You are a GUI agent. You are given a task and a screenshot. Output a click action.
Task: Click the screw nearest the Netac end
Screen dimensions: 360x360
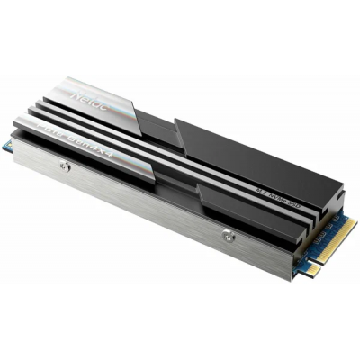coord(63,166)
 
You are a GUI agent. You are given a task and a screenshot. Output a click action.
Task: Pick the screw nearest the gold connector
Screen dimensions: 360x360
coord(228,236)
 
